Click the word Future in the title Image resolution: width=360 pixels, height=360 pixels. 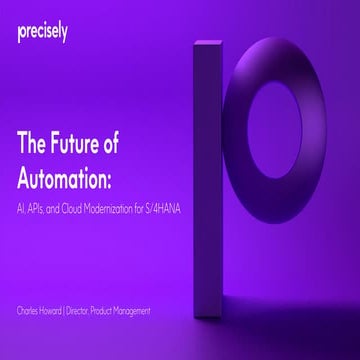point(82,143)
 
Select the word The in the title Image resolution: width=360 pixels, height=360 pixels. point(34,143)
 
